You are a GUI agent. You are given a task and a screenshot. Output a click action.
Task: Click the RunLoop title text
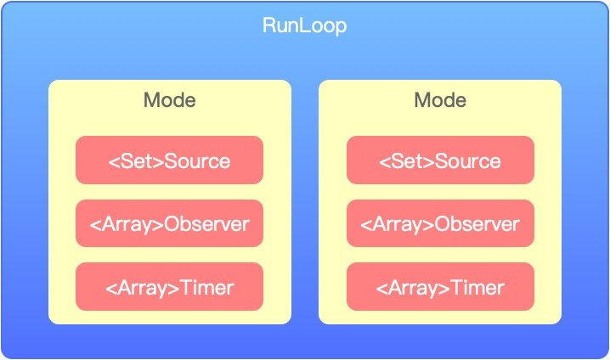(304, 26)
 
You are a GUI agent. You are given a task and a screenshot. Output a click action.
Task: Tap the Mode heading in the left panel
(169, 100)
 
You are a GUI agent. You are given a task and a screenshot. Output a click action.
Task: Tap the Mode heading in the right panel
(440, 100)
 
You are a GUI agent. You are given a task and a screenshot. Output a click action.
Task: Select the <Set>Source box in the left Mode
(169, 160)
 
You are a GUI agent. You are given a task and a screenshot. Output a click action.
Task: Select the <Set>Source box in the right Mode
(440, 160)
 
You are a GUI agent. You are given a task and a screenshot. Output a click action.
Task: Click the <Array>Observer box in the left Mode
(169, 224)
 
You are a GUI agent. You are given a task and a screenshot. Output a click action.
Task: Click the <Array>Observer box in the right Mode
(440, 224)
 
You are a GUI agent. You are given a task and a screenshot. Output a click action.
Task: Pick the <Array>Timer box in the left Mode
(169, 287)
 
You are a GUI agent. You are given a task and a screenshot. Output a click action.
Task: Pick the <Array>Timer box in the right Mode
(440, 287)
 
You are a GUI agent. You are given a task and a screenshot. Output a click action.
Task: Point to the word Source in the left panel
(197, 160)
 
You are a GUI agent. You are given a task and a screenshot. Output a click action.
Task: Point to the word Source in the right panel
(468, 160)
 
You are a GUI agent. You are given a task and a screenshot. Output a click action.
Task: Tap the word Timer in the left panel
(208, 288)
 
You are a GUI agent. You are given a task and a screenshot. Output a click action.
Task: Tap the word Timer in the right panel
(479, 288)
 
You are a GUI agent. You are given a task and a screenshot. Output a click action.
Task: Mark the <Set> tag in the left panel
(136, 160)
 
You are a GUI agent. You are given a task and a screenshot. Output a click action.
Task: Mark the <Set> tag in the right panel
(407, 160)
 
